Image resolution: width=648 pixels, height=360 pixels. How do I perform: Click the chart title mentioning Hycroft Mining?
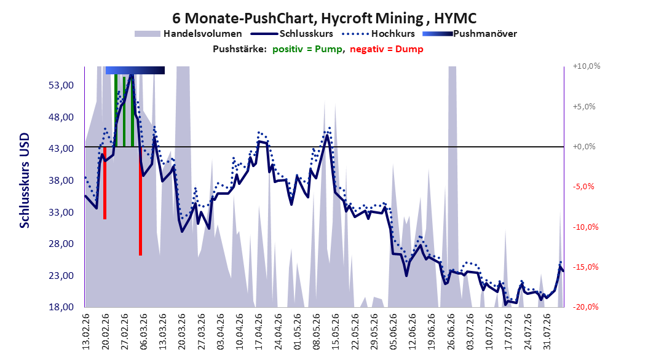click(324, 18)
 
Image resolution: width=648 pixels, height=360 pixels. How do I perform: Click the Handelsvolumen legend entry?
click(189, 34)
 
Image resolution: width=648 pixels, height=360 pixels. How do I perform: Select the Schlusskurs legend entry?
click(292, 34)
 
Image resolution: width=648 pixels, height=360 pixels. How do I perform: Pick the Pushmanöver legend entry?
click(470, 34)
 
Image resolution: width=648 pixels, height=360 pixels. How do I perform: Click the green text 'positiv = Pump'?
click(307, 49)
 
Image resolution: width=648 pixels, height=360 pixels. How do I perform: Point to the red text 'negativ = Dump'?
click(387, 49)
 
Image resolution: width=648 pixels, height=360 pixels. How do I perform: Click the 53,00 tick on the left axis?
click(61, 85)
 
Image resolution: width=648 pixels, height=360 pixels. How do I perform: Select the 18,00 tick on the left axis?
click(61, 307)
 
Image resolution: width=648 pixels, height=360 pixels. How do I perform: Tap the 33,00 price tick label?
click(61, 212)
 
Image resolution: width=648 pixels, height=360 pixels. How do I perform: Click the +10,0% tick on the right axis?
click(587, 66)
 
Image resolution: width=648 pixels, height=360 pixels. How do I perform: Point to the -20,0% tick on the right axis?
click(586, 307)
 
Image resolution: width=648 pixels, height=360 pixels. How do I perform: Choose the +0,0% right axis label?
click(584, 147)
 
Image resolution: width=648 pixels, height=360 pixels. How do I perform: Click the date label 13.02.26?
click(86, 332)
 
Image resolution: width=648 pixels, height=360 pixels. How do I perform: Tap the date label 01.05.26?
click(298, 332)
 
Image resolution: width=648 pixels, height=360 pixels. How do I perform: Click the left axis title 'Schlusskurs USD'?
click(25, 181)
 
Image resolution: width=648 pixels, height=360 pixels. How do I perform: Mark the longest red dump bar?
click(141, 201)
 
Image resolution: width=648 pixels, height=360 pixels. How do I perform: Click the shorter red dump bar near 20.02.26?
click(105, 183)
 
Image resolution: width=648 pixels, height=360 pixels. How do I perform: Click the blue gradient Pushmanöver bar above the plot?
click(135, 71)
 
